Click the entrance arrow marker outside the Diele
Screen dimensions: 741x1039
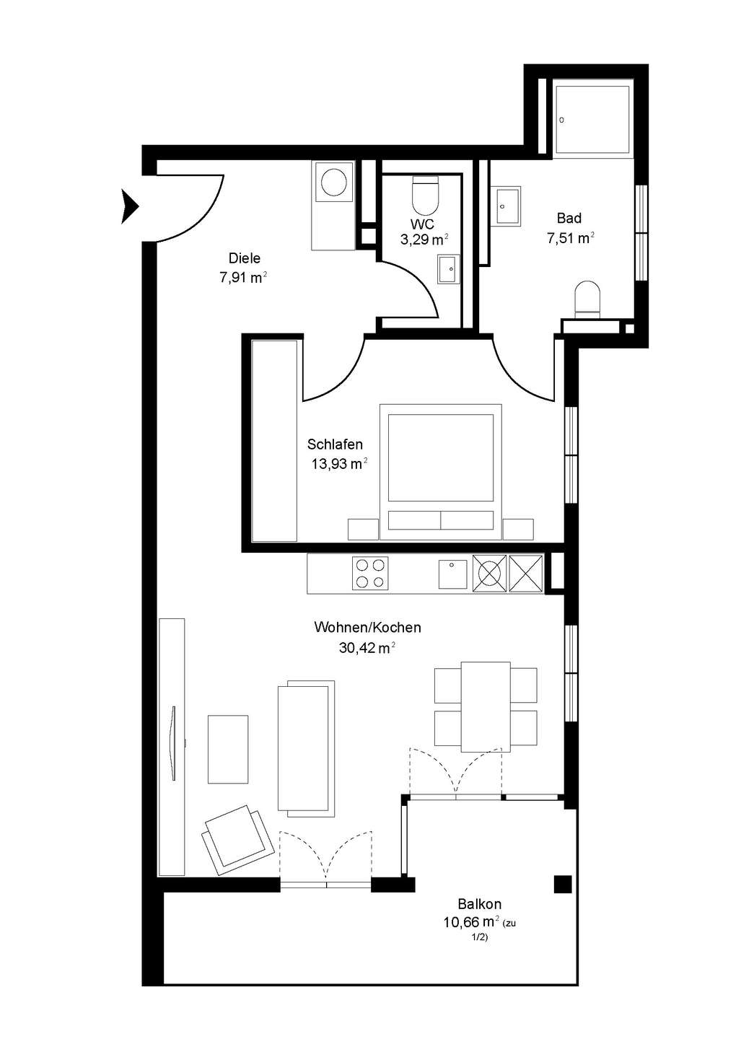pos(129,206)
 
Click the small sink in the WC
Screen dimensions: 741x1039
pos(448,268)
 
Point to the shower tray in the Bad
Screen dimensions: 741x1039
pos(594,119)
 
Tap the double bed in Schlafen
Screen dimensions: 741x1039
pos(439,471)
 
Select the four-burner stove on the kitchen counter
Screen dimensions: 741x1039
pos(369,574)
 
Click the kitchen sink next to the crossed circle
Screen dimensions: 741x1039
pos(452,574)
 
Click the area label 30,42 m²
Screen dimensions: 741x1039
pos(367,648)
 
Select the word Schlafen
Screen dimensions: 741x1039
pos(335,444)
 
